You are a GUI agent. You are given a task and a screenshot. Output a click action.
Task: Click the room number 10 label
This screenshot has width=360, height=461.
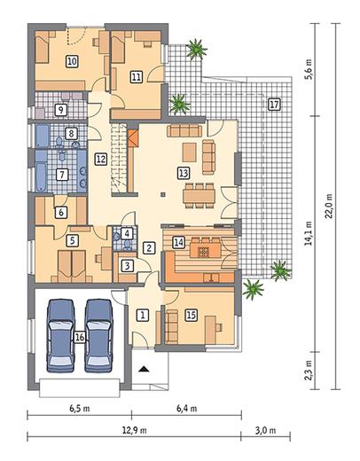(x=72, y=61)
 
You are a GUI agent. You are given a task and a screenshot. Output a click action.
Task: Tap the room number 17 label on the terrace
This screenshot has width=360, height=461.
(x=274, y=105)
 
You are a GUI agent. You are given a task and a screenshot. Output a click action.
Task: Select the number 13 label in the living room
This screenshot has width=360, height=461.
(x=184, y=173)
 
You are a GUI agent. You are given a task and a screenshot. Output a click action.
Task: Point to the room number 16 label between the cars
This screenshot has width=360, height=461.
(x=80, y=337)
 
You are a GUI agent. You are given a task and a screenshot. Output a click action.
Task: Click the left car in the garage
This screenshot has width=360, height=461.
(x=61, y=336)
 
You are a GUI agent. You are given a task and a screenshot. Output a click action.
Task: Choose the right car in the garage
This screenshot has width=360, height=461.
(x=98, y=336)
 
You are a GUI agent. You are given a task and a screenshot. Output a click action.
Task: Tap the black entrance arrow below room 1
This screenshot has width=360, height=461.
(x=144, y=369)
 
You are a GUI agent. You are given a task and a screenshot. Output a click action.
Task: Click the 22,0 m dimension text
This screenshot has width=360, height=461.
(x=329, y=206)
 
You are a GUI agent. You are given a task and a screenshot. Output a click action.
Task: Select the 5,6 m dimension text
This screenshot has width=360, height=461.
(x=309, y=69)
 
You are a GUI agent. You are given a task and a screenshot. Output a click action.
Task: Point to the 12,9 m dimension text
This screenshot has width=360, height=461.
(x=135, y=430)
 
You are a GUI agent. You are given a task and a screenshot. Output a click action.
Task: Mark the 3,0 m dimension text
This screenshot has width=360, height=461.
(x=266, y=430)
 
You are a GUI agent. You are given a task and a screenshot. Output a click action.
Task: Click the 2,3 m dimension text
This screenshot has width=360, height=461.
(x=309, y=370)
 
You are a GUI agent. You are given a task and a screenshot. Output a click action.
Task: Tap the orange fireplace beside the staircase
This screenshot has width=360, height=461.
(x=133, y=138)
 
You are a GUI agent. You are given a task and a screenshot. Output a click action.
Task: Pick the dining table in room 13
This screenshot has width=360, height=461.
(x=199, y=196)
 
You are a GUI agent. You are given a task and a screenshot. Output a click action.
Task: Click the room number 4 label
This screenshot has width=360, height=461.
(x=127, y=233)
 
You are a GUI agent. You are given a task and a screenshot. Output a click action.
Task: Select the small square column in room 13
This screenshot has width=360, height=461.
(x=163, y=194)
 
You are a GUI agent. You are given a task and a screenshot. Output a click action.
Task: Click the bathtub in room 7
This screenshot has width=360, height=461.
(x=41, y=176)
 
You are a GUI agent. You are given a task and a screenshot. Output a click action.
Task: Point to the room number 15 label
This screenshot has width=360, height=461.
(x=191, y=315)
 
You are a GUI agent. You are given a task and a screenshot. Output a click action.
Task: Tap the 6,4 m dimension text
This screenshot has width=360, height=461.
(x=187, y=409)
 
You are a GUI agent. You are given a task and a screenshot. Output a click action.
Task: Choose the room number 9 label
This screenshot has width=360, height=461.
(x=61, y=110)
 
